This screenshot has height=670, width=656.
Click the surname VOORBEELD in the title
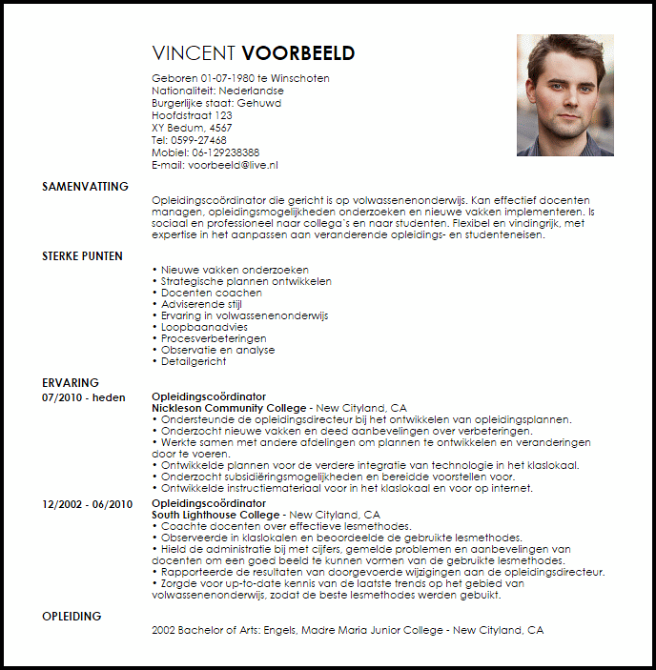tap(298, 53)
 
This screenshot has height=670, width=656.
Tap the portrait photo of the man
tap(564, 95)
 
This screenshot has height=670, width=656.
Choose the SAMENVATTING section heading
tap(85, 187)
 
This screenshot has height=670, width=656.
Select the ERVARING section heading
tap(70, 383)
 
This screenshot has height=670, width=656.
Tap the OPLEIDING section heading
tap(72, 616)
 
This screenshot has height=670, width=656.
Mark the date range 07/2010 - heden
tap(83, 396)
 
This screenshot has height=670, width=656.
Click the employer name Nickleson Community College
tap(229, 408)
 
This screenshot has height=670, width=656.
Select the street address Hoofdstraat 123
tap(192, 115)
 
